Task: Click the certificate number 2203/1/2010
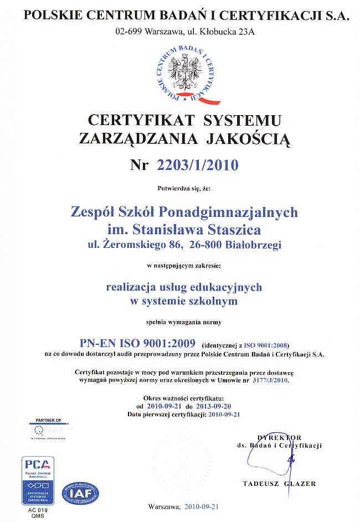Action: pos(199,164)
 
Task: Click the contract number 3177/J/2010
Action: pos(270,381)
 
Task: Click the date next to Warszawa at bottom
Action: pos(202,506)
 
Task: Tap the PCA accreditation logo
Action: pos(38,479)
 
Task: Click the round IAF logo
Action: pos(81,492)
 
